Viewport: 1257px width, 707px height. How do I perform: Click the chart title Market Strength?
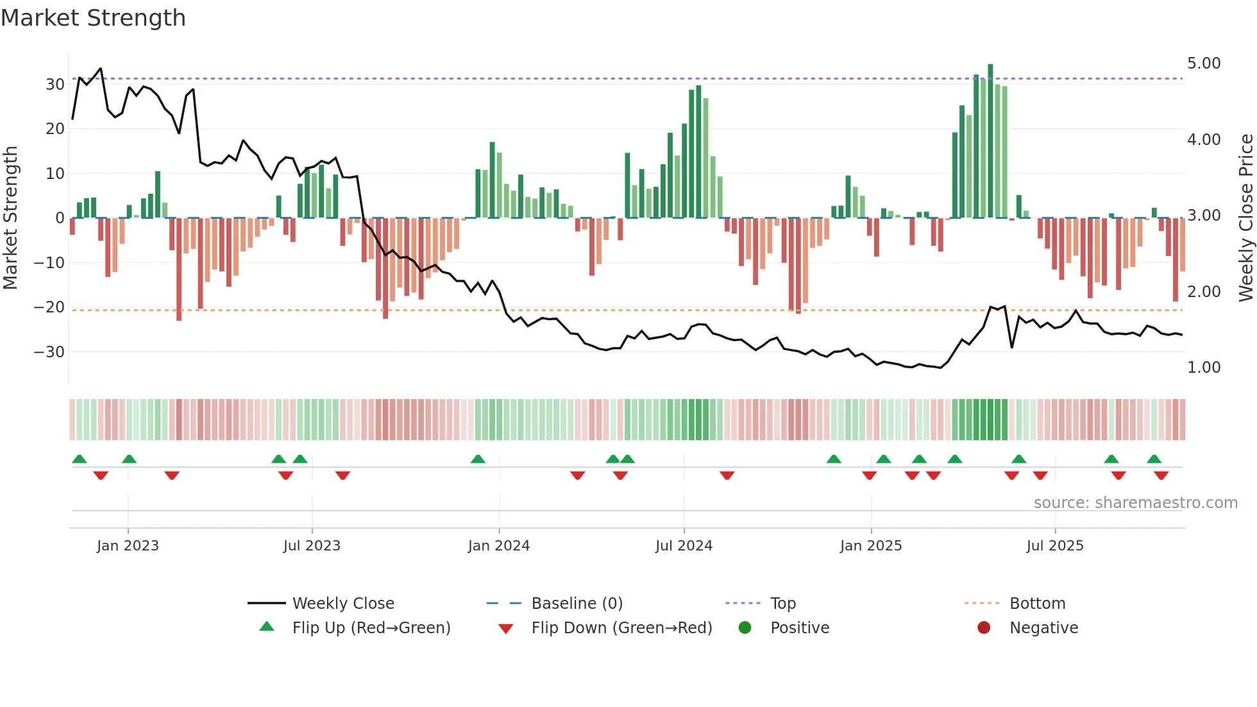(x=93, y=18)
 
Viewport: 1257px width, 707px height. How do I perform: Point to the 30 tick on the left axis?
(x=55, y=85)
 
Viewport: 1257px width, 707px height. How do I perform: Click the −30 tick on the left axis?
(x=49, y=352)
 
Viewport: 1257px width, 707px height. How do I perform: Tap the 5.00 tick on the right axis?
(x=1204, y=64)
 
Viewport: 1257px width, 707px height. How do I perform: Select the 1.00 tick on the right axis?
(x=1204, y=368)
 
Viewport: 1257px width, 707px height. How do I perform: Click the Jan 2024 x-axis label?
(x=498, y=546)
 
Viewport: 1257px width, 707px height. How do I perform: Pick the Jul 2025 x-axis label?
(x=1054, y=546)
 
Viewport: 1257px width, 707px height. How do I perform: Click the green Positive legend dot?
(x=745, y=628)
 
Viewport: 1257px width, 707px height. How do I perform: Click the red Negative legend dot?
(x=984, y=628)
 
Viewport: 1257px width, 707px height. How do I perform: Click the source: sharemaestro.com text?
(x=1135, y=503)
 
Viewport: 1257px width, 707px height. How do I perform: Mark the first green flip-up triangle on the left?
(x=80, y=459)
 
